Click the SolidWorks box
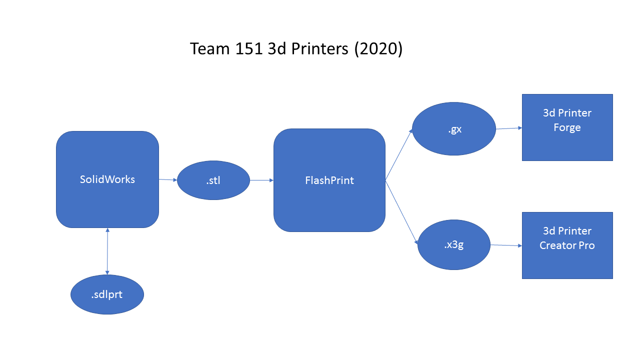[x=107, y=179]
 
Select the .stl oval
[x=213, y=180]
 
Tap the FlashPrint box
[x=329, y=180]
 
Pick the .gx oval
[x=454, y=129]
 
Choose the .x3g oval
[x=453, y=245]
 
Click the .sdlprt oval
[x=107, y=294]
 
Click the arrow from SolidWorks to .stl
[x=168, y=179]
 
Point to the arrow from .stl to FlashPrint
[x=261, y=180]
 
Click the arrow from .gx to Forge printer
[x=508, y=128]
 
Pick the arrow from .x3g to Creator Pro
[x=506, y=245]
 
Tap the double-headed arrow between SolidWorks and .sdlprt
[x=107, y=251]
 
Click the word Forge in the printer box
[x=567, y=127]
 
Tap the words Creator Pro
[x=567, y=245]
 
